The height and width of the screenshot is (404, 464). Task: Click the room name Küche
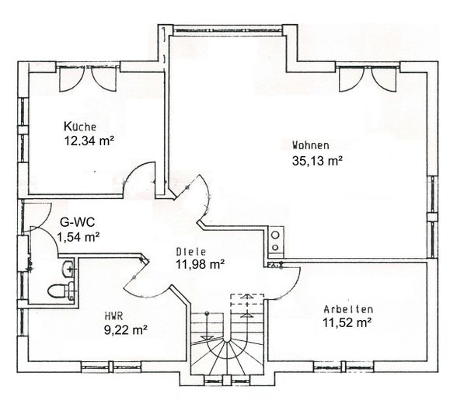pyautogui.click(x=80, y=127)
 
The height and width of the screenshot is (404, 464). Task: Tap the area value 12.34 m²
pyautogui.click(x=90, y=141)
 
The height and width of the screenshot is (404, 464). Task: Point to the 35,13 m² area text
pyautogui.click(x=317, y=161)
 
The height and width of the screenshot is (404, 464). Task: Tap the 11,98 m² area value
pyautogui.click(x=200, y=265)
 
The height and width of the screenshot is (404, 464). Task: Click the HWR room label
pyautogui.click(x=113, y=315)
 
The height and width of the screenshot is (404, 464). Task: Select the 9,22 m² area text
pyautogui.click(x=125, y=329)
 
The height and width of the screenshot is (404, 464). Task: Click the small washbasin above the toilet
pyautogui.click(x=68, y=269)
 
